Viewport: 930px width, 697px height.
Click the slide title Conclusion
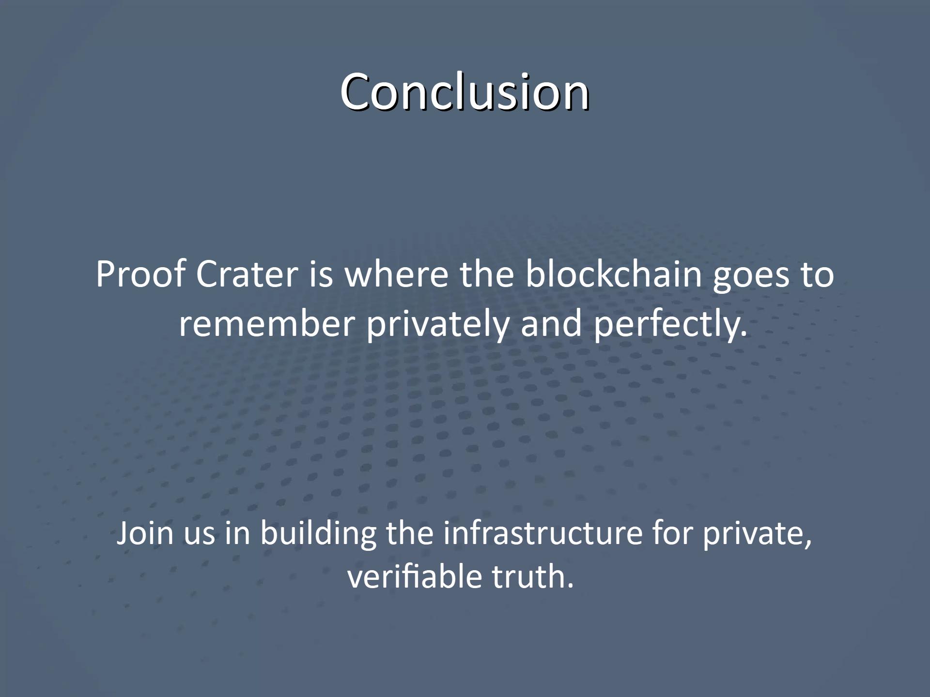[465, 92]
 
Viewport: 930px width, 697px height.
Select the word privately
[438, 324]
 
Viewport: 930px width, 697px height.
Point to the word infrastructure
[542, 533]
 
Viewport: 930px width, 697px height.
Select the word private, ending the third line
[757, 534]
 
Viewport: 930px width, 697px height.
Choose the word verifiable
[415, 577]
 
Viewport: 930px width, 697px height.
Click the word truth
[533, 577]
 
